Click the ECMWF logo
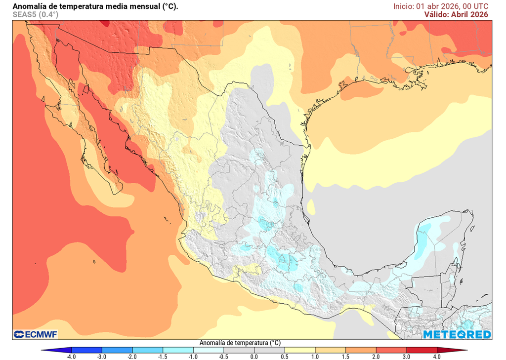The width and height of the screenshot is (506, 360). [36, 335]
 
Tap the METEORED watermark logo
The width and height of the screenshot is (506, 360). [457, 335]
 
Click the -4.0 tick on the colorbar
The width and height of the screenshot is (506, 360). [71, 356]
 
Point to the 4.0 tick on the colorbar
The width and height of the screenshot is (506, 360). [437, 356]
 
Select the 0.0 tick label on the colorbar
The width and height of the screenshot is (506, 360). [254, 356]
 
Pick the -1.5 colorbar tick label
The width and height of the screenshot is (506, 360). [163, 356]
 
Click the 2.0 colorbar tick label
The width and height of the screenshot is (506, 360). [376, 356]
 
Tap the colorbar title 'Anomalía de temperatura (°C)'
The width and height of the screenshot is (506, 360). [240, 343]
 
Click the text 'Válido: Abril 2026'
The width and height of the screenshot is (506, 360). [456, 14]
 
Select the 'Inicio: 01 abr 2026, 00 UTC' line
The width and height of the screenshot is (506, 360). [441, 6]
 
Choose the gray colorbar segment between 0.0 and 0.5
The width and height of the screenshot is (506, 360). [269, 350]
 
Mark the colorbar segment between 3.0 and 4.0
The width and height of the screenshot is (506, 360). [422, 350]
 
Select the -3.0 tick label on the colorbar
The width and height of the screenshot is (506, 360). [101, 356]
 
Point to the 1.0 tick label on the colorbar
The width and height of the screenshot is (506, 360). [315, 356]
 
